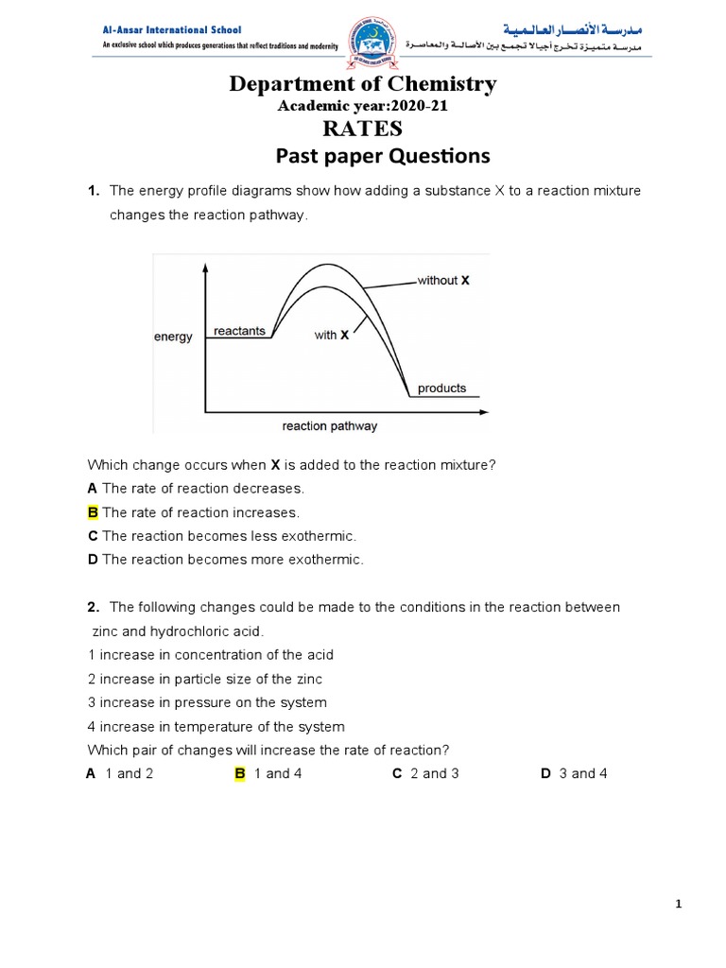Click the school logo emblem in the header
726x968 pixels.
click(363, 43)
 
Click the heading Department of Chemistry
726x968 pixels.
click(362, 84)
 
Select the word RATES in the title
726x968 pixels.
click(362, 128)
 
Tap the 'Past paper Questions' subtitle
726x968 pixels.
click(383, 156)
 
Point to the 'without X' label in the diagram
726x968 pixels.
click(442, 281)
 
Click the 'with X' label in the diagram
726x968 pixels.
click(332, 335)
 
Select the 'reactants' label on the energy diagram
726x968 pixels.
click(239, 331)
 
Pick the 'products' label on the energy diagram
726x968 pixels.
click(441, 388)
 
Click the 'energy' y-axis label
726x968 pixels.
click(173, 337)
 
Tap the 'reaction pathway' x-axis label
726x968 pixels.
click(329, 426)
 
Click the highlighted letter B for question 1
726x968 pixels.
click(93, 512)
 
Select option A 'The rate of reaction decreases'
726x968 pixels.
click(196, 489)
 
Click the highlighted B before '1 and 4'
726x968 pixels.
click(240, 773)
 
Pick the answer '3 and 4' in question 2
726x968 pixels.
click(583, 773)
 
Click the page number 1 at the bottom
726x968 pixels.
click(678, 904)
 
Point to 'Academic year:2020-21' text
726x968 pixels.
click(362, 106)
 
